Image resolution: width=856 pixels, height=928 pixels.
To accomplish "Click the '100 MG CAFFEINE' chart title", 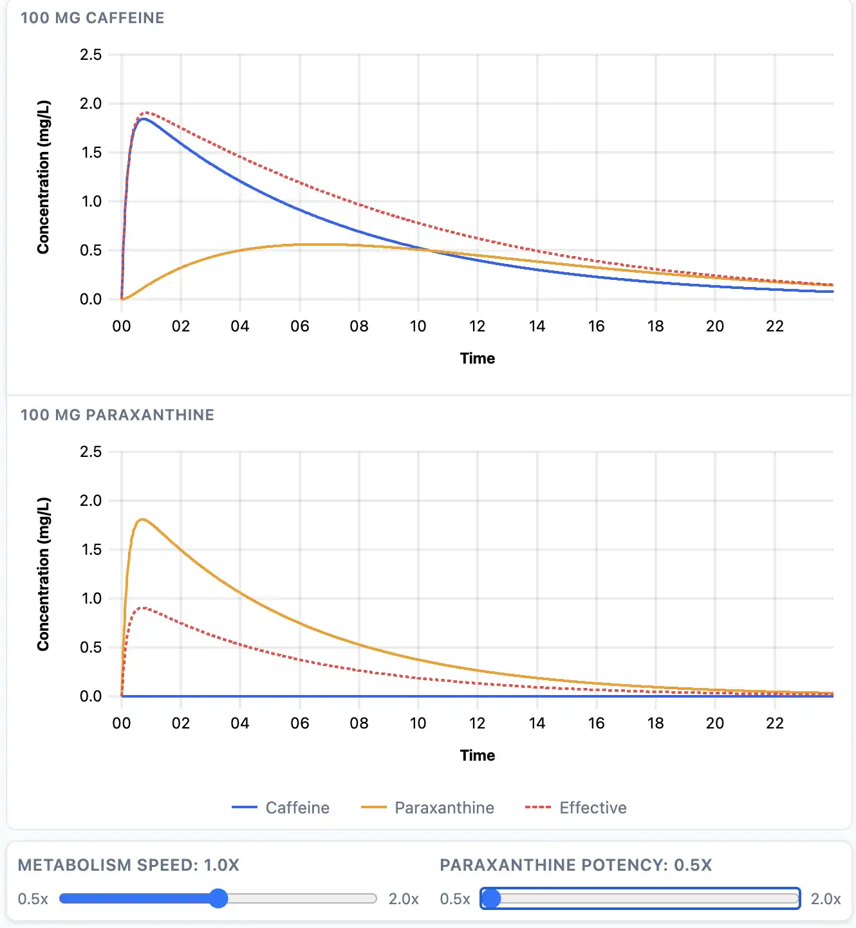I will click(92, 18).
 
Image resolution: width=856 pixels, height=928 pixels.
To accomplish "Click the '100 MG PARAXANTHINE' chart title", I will click(117, 415).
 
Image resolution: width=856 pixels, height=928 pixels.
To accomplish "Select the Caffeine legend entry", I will click(281, 808).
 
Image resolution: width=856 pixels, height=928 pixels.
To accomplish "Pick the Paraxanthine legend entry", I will click(428, 808).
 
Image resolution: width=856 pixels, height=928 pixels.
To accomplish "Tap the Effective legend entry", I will click(576, 808).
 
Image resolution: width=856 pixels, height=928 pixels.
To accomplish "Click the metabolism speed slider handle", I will click(219, 898).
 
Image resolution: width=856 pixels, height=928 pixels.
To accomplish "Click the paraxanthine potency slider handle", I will click(491, 898).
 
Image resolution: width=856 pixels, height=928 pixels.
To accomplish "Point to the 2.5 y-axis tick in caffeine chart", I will click(91, 55).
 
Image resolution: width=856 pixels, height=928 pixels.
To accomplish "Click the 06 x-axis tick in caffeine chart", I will click(299, 326).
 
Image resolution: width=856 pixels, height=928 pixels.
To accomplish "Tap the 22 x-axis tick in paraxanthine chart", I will click(774, 723).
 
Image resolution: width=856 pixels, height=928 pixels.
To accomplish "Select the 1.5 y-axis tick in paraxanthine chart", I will click(91, 550).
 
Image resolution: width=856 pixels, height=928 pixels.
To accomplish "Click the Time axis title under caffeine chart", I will click(478, 358).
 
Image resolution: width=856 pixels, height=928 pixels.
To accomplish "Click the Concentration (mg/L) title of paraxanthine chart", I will click(43, 574).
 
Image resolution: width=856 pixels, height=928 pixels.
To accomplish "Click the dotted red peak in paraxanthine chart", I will click(143, 608).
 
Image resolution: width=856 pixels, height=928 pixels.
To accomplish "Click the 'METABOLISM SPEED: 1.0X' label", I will click(129, 865).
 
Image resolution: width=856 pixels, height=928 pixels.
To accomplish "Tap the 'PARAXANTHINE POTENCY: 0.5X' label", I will click(576, 865).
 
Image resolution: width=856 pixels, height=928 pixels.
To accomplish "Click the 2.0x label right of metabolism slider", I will click(404, 899).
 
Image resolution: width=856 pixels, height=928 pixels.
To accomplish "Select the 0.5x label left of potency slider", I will click(455, 899).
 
